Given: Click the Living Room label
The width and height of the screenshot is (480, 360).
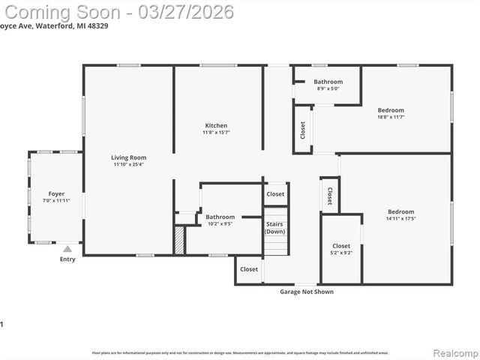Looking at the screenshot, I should (x=128, y=157).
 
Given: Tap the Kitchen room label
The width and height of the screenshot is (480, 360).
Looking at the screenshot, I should (x=216, y=125).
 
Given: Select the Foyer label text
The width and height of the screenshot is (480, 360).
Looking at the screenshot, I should (x=56, y=193).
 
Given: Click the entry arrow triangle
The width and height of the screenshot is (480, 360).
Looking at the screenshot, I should (x=67, y=249).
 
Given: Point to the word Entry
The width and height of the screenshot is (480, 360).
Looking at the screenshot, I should (x=67, y=259).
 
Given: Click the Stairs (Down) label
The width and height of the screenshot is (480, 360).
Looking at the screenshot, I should (x=274, y=227).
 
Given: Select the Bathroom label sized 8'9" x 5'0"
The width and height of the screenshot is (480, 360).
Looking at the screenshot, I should (x=328, y=82).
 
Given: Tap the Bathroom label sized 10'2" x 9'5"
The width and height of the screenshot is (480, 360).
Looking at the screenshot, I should (x=220, y=217).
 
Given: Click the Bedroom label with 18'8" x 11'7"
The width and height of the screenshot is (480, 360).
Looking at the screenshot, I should (x=391, y=110).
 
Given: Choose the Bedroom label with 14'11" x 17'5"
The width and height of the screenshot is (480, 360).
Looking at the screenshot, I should (x=400, y=211).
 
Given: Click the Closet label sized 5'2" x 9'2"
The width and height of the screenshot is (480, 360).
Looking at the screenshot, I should (x=341, y=246).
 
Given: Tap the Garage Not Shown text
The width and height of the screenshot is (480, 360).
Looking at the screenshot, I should (x=307, y=292).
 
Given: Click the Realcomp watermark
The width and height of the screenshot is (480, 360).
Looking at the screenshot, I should (x=454, y=352).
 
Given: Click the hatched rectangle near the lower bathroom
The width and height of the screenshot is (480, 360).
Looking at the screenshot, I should (x=179, y=240).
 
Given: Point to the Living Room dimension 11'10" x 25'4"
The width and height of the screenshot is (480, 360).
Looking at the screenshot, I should (x=128, y=165).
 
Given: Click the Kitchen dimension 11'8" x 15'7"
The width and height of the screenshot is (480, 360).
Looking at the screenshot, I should (x=216, y=133).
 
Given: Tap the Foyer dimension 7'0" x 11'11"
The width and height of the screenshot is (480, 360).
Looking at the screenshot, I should (x=56, y=201).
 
